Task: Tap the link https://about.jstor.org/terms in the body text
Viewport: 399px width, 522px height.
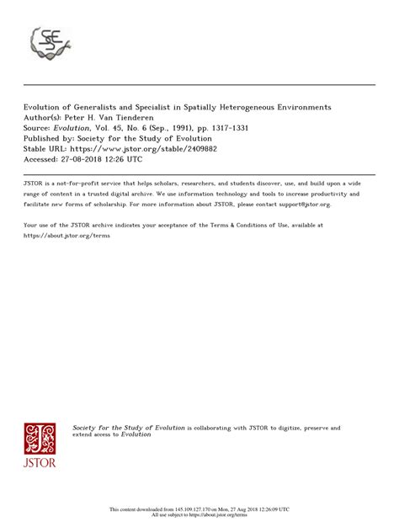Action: [x=66, y=236]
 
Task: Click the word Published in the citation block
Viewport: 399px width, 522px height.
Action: [x=43, y=137]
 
